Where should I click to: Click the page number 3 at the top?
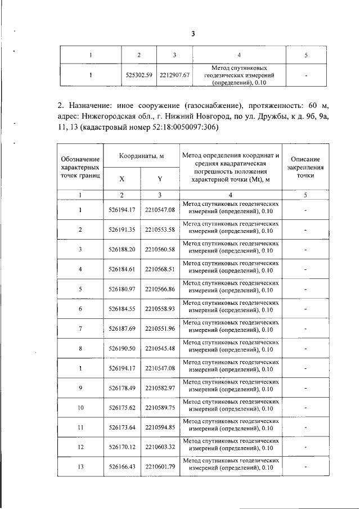192,34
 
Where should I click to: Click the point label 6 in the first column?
80,309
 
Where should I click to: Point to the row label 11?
80,428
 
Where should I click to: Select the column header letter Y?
160,179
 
